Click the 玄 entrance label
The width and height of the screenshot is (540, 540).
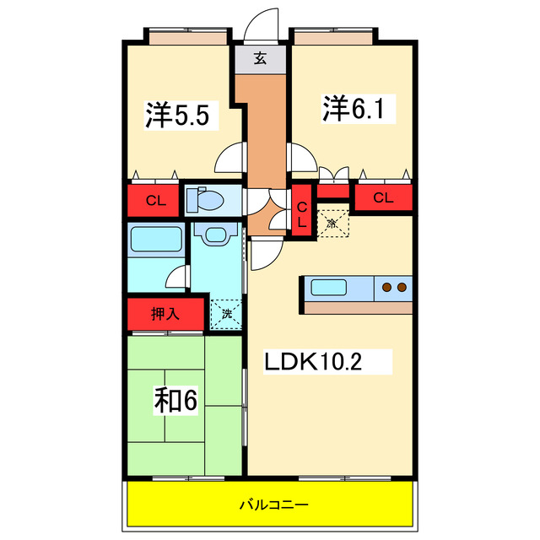[x=262, y=59]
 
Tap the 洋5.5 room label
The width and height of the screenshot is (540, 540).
[x=181, y=115]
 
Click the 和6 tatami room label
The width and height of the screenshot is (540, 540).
[x=175, y=400]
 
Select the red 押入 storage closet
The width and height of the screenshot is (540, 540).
[x=166, y=314]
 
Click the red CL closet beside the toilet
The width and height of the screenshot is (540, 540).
[x=154, y=200]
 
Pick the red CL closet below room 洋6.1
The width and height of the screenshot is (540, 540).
[x=383, y=198]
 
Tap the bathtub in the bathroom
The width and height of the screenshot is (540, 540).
[x=156, y=241]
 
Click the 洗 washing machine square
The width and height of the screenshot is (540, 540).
[x=225, y=314]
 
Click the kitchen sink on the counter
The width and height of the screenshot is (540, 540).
[x=327, y=288]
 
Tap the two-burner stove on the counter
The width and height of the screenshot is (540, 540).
[x=393, y=288]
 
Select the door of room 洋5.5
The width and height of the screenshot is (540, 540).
[x=230, y=158]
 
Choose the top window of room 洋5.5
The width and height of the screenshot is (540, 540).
[x=187, y=37]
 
